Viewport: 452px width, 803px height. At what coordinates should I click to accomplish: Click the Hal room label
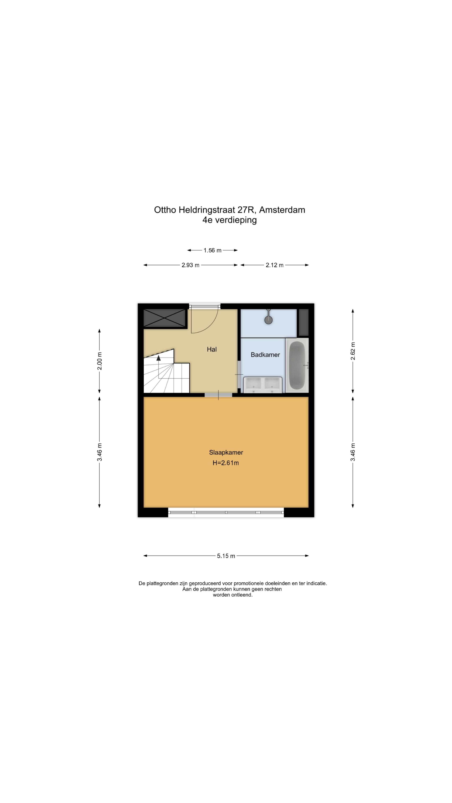click(x=212, y=349)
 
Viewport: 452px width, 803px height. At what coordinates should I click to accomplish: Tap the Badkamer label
click(x=265, y=355)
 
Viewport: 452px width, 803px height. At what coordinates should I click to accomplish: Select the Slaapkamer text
click(x=226, y=452)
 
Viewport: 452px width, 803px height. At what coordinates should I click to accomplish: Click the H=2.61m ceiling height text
click(x=226, y=463)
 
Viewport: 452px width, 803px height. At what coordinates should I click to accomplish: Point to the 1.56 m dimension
click(x=212, y=250)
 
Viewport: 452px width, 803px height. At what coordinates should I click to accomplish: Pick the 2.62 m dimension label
click(x=353, y=351)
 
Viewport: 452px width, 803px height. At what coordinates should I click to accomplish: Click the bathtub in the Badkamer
click(x=297, y=365)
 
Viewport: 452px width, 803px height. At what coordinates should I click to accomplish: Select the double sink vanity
click(x=262, y=385)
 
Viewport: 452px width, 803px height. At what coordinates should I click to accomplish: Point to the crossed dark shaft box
click(x=164, y=318)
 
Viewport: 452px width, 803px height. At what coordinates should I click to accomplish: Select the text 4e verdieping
click(x=229, y=220)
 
